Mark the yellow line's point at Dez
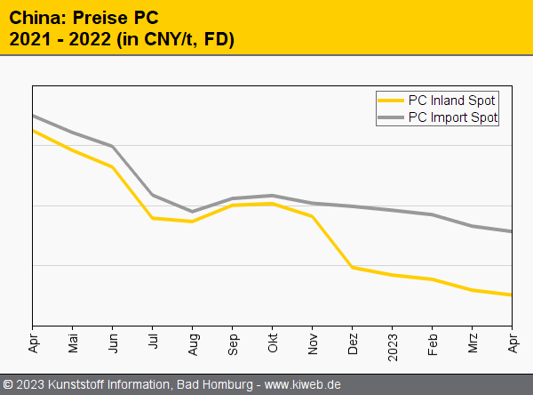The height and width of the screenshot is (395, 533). tap(353, 267)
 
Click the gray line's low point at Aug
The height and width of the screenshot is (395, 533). tap(193, 212)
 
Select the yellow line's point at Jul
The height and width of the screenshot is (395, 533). tap(153, 218)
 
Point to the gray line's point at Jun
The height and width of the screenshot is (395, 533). tap(113, 146)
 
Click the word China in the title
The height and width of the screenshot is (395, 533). tap(32, 16)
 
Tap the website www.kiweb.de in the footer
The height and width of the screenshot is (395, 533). tap(303, 384)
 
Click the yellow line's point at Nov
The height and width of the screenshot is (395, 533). tap(313, 216)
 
